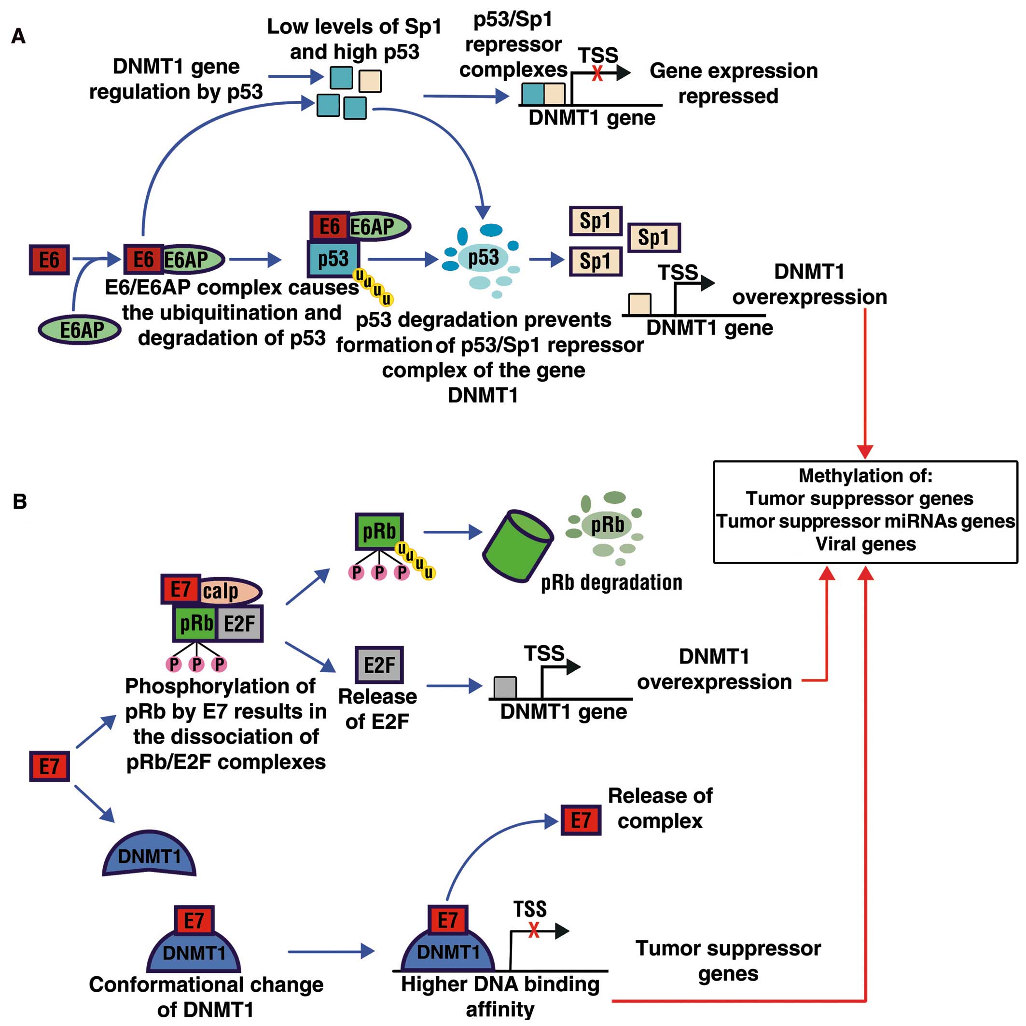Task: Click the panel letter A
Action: (x=19, y=36)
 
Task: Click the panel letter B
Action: (x=20, y=501)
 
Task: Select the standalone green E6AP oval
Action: (x=80, y=330)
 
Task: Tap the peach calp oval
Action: (x=229, y=591)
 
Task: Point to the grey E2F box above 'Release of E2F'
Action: (x=379, y=665)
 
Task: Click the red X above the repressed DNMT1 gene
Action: (x=597, y=73)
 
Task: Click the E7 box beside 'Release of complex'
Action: (x=581, y=820)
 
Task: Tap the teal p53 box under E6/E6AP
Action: (x=333, y=259)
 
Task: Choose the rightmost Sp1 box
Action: (x=654, y=237)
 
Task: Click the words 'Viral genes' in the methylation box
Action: (x=866, y=544)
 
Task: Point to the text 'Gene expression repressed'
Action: (x=733, y=83)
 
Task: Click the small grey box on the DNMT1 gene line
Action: (x=505, y=687)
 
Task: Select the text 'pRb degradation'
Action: (x=611, y=582)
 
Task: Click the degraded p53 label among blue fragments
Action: (x=483, y=258)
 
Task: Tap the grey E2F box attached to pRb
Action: (x=240, y=624)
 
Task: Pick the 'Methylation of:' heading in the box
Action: (x=865, y=475)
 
